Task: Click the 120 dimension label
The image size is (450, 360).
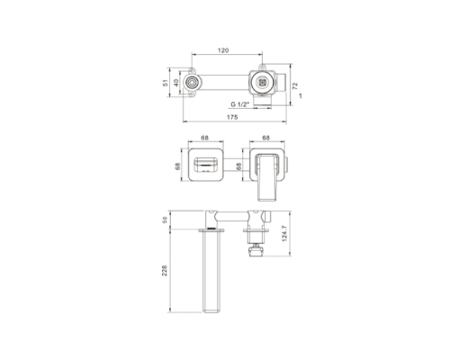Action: pos(223,50)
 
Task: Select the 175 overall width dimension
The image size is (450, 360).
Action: pos(232,117)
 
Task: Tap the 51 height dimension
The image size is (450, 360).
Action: pos(166,83)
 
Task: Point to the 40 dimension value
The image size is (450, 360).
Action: pos(176,83)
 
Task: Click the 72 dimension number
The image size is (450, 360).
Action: pos(295,86)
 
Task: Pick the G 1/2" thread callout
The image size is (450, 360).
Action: pos(240,104)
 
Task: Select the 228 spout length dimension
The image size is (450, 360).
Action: pos(165,271)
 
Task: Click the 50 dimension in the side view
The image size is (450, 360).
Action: pos(165,220)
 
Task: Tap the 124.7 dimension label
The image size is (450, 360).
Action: pos(284,233)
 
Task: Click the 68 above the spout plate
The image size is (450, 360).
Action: pos(204,138)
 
